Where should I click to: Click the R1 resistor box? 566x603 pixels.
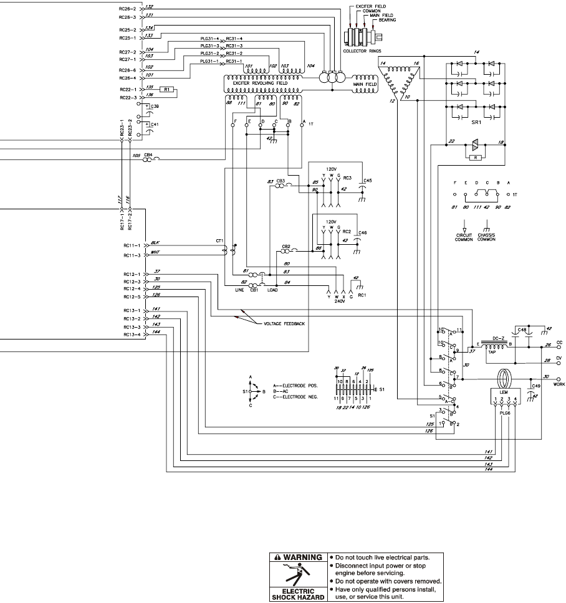[166, 90]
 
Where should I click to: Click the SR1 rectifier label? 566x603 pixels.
[476, 124]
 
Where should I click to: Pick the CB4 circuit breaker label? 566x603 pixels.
[148, 154]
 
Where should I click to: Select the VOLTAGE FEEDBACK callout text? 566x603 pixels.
[284, 324]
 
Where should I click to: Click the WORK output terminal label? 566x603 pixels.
[559, 384]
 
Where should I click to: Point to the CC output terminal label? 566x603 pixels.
[559, 342]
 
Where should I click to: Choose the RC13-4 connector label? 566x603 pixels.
[132, 333]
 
